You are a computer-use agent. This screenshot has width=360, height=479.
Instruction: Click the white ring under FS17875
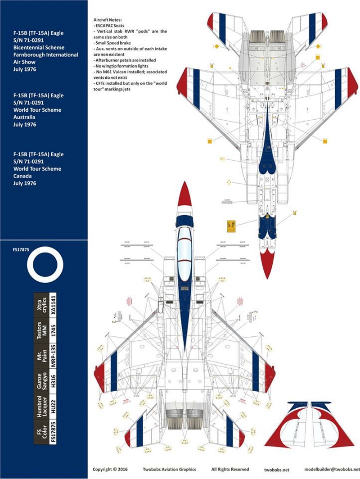point(45,266)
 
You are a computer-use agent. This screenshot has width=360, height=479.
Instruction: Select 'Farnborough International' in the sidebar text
point(45,54)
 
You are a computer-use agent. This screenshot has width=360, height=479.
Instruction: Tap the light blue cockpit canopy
point(184,252)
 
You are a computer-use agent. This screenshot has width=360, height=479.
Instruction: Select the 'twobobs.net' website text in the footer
point(277,469)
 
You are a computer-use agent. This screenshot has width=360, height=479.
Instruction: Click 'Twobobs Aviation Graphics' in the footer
point(170,469)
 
